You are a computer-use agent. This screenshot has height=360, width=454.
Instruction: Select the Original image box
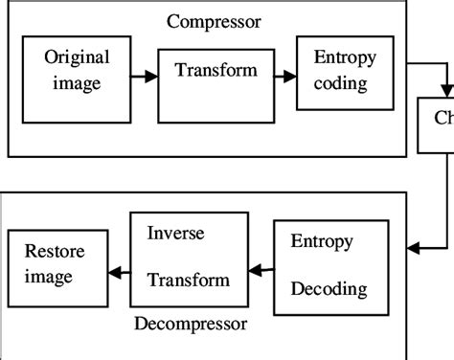point(77,80)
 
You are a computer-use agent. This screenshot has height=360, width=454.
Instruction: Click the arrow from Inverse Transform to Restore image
point(117,271)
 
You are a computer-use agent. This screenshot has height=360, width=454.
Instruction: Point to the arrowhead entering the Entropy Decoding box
point(412,250)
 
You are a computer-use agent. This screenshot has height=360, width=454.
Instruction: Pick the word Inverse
point(174,233)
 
